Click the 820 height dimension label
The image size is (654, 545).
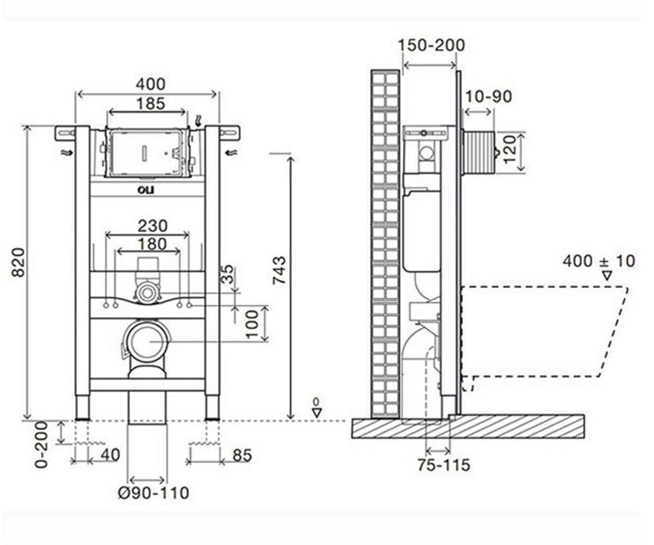pyautogui.click(x=18, y=262)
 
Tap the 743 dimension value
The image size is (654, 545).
pyautogui.click(x=279, y=270)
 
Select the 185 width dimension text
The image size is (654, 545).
pyautogui.click(x=150, y=104)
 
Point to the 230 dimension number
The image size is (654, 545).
pyautogui.click(x=153, y=226)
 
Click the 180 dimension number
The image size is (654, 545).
pyautogui.click(x=152, y=244)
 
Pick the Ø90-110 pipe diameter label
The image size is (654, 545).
pyautogui.click(x=154, y=493)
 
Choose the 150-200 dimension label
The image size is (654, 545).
pyautogui.click(x=431, y=45)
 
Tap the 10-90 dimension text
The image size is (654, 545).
pyautogui.click(x=489, y=96)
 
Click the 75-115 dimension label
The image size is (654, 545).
pyautogui.click(x=444, y=465)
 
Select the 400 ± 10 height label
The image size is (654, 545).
pyautogui.click(x=599, y=261)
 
